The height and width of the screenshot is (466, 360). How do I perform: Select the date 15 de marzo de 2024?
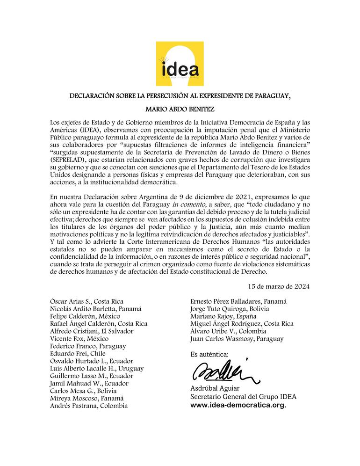279,286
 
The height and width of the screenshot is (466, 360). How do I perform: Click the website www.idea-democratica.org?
238,405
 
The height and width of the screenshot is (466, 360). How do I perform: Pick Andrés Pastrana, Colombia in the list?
88,406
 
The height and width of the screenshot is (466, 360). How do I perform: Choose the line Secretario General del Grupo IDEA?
243,396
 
